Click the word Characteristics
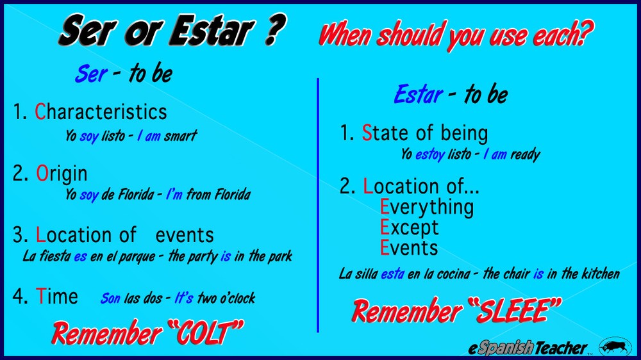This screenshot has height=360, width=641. point(101,112)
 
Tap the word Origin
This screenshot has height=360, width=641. point(62,174)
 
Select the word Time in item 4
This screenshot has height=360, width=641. point(57,297)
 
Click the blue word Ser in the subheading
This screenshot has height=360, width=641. point(91,74)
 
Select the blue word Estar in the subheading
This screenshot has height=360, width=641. point(418,95)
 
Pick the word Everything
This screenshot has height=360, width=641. point(427,207)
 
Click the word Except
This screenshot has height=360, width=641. point(410,227)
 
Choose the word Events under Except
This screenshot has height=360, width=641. point(409,248)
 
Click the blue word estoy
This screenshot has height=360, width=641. point(429,154)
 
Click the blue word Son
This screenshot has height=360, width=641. point(110,299)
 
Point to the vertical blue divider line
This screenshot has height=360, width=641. point(318,205)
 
